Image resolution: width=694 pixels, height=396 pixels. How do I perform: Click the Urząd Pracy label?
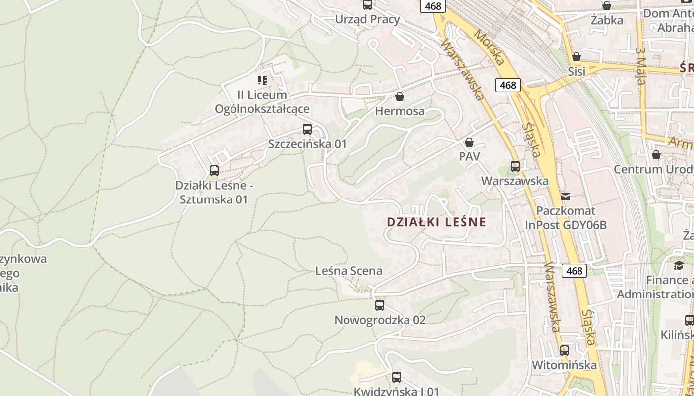[x=367, y=19]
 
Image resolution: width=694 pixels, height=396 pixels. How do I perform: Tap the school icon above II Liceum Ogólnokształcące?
[x=262, y=80]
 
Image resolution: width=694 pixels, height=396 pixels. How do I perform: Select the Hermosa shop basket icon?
[x=400, y=97]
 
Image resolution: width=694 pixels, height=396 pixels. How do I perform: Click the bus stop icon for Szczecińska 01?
[x=307, y=129]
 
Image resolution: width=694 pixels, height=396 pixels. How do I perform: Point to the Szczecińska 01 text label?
[x=307, y=144]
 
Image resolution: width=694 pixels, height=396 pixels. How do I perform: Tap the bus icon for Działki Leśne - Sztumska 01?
[x=214, y=171]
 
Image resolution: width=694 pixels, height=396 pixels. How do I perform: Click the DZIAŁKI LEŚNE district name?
[x=436, y=222]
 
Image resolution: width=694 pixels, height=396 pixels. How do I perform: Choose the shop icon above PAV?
[x=469, y=143]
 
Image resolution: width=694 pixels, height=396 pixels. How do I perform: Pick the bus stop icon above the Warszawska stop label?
[x=515, y=166]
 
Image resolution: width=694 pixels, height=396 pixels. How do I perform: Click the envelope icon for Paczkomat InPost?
[x=566, y=196]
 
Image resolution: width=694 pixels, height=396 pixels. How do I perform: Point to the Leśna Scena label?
[x=349, y=271]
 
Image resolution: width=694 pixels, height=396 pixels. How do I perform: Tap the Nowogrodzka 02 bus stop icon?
[x=380, y=305]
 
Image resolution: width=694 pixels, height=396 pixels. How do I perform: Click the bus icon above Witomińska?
[x=565, y=350]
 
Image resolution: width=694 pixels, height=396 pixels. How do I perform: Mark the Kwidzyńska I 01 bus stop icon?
[x=397, y=377]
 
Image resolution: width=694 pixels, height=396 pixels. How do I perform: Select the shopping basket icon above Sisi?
[x=576, y=57]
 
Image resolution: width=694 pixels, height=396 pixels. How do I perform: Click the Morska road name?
[x=489, y=47]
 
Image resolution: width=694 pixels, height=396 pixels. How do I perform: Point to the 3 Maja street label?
[x=641, y=66]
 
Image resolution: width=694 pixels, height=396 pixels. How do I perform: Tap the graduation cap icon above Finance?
[x=679, y=266]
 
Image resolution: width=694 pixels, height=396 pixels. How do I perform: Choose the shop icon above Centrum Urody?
[x=656, y=155]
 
